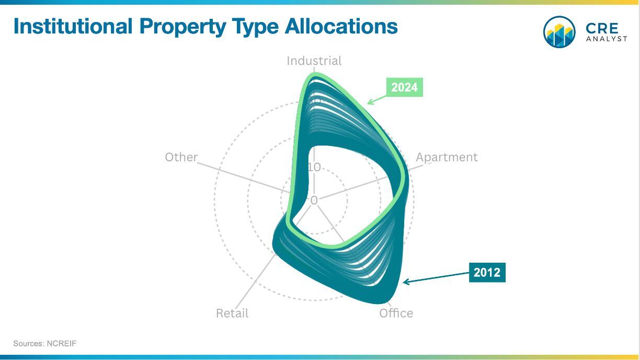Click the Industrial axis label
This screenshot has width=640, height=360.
(x=314, y=61)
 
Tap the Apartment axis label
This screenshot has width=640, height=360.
(x=447, y=157)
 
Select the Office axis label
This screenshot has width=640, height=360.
(x=396, y=313)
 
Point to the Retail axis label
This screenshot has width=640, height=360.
(x=232, y=313)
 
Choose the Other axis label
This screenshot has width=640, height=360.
(x=181, y=157)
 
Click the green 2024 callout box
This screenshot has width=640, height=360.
(x=405, y=87)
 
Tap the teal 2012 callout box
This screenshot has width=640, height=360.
(x=487, y=272)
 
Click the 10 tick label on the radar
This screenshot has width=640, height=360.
(x=314, y=167)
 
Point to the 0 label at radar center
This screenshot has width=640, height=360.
(x=314, y=200)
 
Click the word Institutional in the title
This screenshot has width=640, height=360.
(x=73, y=26)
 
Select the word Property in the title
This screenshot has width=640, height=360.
(x=183, y=27)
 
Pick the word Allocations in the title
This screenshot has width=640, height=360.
(x=341, y=26)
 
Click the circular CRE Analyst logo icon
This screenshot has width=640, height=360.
(x=559, y=32)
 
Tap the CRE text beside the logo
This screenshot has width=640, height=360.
(x=602, y=28)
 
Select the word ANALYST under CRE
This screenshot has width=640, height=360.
(x=607, y=39)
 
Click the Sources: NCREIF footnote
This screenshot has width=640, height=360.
(x=45, y=343)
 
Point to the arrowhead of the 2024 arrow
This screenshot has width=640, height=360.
(x=369, y=103)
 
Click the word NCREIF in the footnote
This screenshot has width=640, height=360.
(x=62, y=343)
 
